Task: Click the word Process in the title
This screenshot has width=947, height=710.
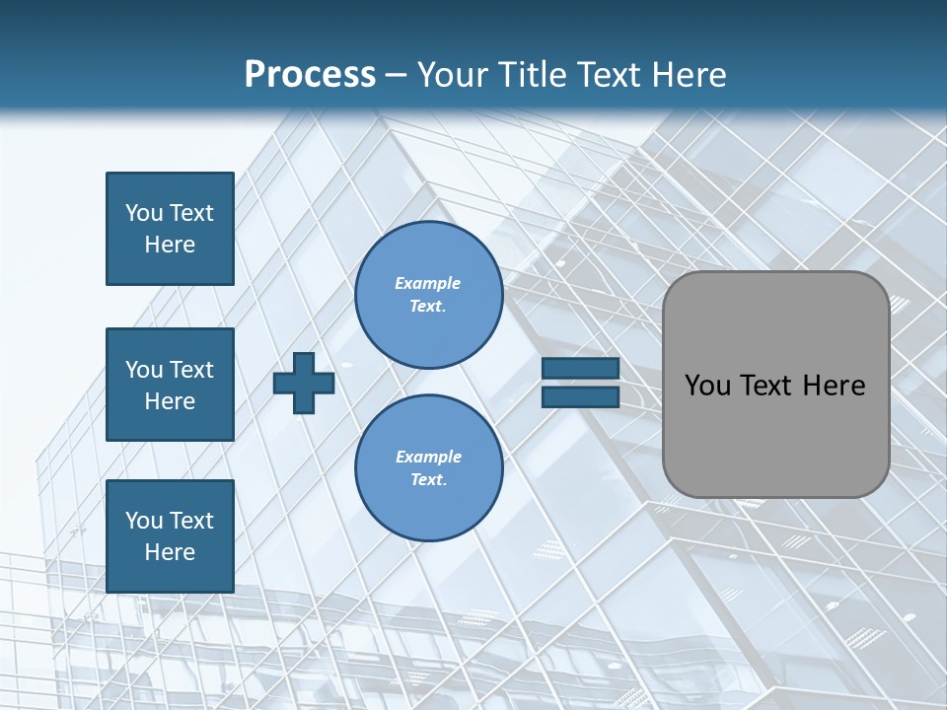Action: click(x=310, y=75)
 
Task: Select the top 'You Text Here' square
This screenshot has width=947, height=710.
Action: click(x=170, y=229)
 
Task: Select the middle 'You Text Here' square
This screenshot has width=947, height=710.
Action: click(x=170, y=385)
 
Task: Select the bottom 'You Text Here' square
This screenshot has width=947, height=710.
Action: click(x=170, y=536)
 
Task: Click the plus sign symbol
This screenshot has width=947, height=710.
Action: click(x=304, y=383)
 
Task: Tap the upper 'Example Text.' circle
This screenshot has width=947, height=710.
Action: click(x=428, y=295)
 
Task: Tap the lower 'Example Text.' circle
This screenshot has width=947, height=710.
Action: click(x=428, y=468)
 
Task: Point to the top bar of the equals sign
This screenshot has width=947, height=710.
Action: click(x=580, y=369)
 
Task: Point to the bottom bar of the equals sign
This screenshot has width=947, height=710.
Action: click(x=580, y=396)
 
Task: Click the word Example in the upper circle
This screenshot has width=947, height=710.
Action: click(x=428, y=283)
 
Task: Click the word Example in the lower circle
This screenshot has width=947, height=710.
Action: click(x=428, y=457)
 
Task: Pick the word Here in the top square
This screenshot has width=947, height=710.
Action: click(x=170, y=245)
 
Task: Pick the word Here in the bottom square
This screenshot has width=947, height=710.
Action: click(x=170, y=552)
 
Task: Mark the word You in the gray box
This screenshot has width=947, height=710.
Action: click(x=707, y=386)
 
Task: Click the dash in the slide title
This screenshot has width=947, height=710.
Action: click(x=397, y=76)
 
